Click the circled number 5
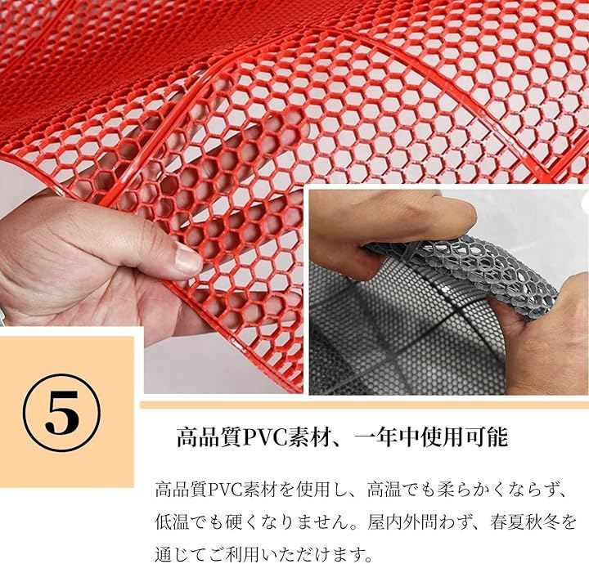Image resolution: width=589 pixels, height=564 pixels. coord(62,413)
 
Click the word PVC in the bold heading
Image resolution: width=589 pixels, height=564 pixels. coord(263,436)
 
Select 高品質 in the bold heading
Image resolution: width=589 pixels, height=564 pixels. coord(209,436)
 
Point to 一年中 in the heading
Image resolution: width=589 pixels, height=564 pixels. coord(386,436)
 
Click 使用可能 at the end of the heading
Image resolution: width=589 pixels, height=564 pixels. coord(464,436)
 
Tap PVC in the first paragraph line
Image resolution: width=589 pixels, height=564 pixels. coord(224,490)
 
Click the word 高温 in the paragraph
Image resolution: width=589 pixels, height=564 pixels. coord(384,490)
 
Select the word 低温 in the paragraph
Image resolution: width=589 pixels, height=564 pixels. coord(172,522)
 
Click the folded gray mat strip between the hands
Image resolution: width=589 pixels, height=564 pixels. coord(462,272)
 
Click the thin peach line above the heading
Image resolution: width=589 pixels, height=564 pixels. coord(364,405)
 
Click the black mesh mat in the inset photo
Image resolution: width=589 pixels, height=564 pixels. coord(406,338)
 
